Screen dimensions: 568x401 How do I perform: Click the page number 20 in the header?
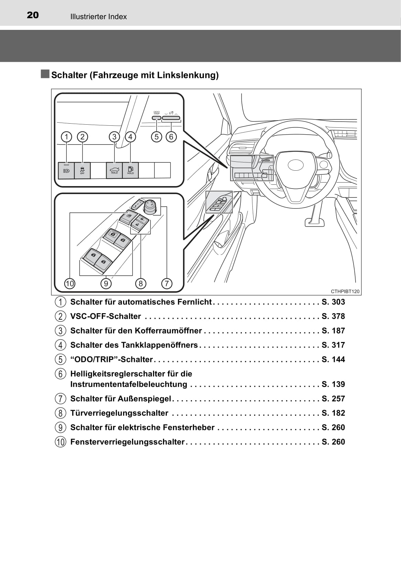(x=33, y=15)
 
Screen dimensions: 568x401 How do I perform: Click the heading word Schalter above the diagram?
(x=69, y=75)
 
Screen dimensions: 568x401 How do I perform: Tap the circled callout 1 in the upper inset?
(x=66, y=137)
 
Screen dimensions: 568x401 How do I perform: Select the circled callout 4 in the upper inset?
(x=130, y=137)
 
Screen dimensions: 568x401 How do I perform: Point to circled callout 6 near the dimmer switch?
(x=171, y=137)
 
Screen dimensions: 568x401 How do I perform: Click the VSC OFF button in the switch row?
(x=82, y=170)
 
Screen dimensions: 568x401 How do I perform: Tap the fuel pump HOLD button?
(x=131, y=170)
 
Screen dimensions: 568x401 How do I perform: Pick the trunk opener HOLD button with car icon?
(x=114, y=170)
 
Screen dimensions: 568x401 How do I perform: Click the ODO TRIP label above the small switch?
(x=156, y=112)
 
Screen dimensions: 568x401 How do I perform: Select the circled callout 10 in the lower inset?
(x=69, y=283)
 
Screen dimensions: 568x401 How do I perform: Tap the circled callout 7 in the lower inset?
(x=167, y=283)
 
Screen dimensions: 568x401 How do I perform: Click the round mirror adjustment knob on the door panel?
(x=150, y=206)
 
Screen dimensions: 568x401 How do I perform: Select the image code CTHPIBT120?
(x=345, y=291)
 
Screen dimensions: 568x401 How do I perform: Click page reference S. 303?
(x=333, y=302)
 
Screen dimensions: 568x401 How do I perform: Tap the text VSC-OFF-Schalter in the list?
(x=106, y=316)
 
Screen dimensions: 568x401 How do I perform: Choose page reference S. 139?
(x=333, y=384)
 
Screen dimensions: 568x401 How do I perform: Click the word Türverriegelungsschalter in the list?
(x=119, y=413)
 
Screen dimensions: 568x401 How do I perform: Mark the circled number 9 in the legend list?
(x=60, y=428)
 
